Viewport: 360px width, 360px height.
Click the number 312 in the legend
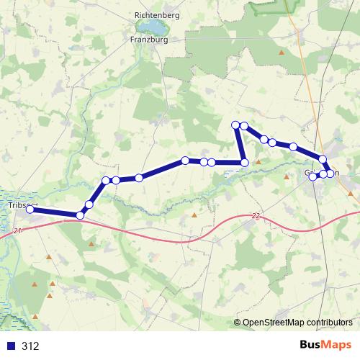point(30,346)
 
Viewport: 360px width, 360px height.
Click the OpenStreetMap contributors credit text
point(297,323)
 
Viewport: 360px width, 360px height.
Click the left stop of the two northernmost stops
point(235,126)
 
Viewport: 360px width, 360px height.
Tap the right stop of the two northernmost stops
point(244,126)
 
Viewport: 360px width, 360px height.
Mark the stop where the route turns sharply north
point(244,163)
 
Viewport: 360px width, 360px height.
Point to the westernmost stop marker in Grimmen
point(313,176)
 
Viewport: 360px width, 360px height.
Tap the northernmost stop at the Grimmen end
point(323,159)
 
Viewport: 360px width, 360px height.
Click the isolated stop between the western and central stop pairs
point(138,177)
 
